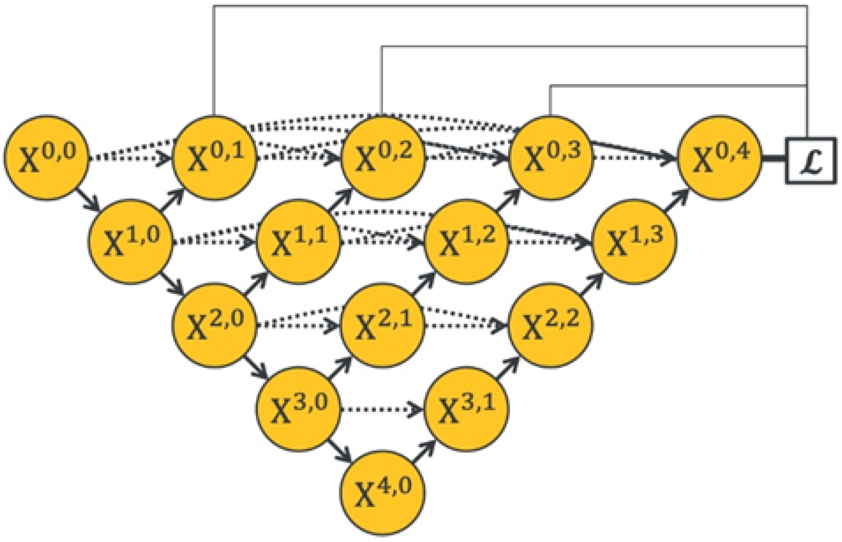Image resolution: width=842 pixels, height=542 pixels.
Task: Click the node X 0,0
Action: coord(46,158)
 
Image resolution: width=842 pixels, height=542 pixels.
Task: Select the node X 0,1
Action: coord(214,158)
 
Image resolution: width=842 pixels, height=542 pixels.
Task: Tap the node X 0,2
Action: coord(382,158)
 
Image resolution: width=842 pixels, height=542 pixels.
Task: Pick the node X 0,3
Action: coord(550,158)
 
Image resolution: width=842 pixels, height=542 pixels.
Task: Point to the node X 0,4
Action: coord(719,158)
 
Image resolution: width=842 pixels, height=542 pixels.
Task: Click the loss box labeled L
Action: coord(811,161)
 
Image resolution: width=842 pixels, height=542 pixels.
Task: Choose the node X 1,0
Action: coord(130,241)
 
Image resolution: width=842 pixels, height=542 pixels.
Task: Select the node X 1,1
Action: coord(299,241)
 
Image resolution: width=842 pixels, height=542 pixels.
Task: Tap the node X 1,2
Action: coord(467,241)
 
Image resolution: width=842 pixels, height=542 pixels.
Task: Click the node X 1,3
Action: coord(635,241)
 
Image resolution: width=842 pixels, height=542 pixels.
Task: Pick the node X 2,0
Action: coord(214,325)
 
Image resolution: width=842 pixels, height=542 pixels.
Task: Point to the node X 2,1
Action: coord(382,325)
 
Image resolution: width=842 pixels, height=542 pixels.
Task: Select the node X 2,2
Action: coord(550,325)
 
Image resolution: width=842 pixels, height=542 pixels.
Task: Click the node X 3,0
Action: coord(299,408)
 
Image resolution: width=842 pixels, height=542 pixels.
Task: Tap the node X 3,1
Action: coord(467,408)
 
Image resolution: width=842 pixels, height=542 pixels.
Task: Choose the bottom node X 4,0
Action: coord(382,492)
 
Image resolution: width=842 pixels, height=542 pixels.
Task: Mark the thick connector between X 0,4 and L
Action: coord(774,159)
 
